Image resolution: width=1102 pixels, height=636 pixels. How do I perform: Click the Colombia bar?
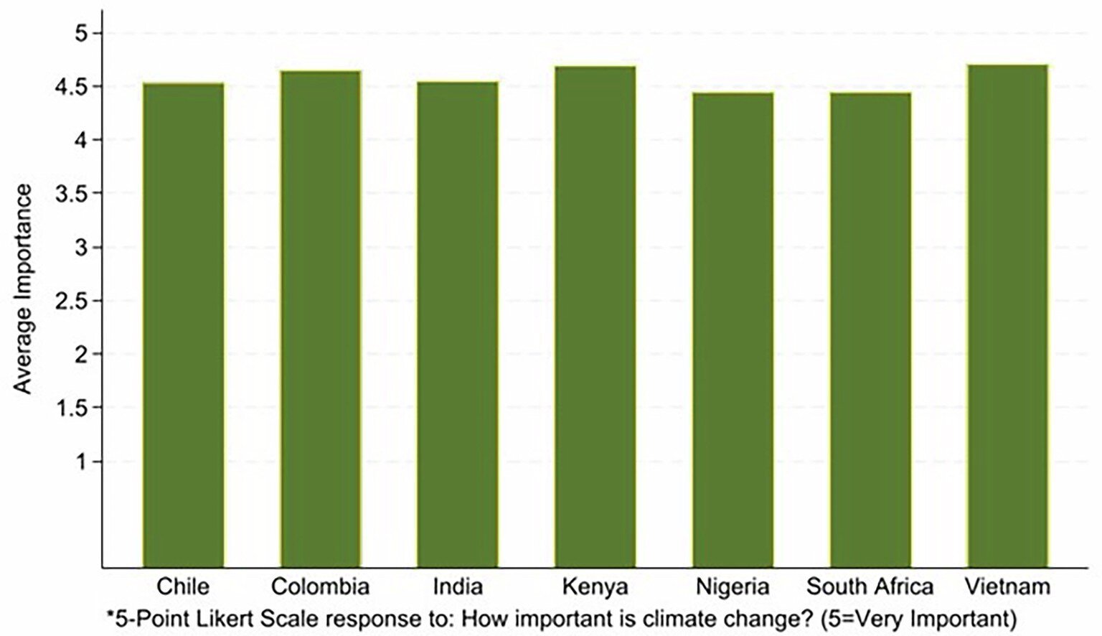pyautogui.click(x=320, y=319)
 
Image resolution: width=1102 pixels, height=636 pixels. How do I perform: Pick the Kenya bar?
pyautogui.click(x=595, y=317)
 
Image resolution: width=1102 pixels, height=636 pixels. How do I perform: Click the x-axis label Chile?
pyautogui.click(x=183, y=586)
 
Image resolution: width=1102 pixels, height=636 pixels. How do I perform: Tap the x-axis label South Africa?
pyautogui.click(x=870, y=586)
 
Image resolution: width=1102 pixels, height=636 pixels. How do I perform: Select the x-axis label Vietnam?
pyautogui.click(x=1007, y=586)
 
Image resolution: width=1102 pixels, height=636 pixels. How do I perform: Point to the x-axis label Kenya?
pyautogui.click(x=595, y=586)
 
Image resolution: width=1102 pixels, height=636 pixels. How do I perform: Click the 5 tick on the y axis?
pyautogui.click(x=78, y=33)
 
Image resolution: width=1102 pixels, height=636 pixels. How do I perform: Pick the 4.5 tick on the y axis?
pyautogui.click(x=71, y=87)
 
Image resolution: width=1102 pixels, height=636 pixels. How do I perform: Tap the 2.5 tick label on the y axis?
pyautogui.click(x=71, y=301)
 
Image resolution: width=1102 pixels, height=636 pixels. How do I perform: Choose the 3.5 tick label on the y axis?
pyautogui.click(x=71, y=194)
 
